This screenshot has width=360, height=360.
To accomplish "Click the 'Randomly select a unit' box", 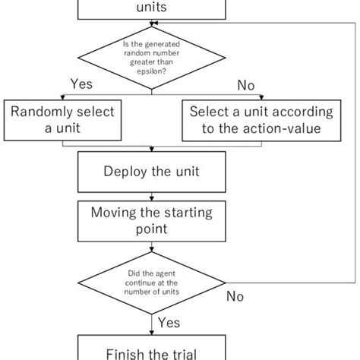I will point(62,120).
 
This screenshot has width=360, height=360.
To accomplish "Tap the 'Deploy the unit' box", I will point(151,172).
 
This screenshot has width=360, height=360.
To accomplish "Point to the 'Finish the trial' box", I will point(151,350).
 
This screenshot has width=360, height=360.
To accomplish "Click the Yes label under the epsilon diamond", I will point(82,84).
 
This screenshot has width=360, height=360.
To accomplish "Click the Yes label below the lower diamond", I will point(169,324).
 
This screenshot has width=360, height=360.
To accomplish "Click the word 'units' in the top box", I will point(151,8).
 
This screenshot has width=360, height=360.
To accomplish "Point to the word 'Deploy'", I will point(126,172).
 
